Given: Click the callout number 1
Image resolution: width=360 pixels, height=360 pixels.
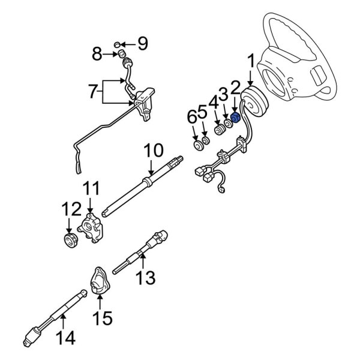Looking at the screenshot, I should pyautogui.click(x=251, y=61).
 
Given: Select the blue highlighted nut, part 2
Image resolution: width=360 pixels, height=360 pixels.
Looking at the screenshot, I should pyautogui.click(x=236, y=118).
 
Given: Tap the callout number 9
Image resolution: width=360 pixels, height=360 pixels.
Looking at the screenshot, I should pyautogui.click(x=142, y=43).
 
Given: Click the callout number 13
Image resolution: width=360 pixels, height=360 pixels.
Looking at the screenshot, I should pyautogui.click(x=145, y=278).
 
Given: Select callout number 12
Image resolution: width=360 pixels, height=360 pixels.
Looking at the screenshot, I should pyautogui.click(x=70, y=209).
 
